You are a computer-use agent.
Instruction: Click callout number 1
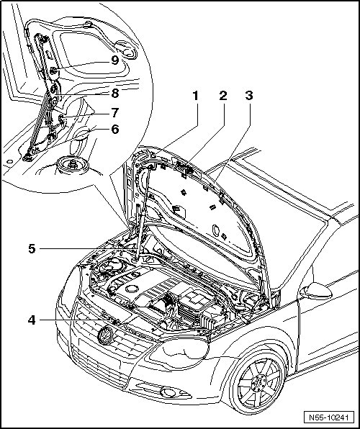tap(195, 96)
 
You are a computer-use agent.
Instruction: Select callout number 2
tap(223, 96)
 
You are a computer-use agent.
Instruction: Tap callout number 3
tap(249, 96)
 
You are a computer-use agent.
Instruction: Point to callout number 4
tap(32, 320)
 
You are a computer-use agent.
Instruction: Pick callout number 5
tap(32, 249)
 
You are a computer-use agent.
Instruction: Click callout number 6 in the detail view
tap(115, 129)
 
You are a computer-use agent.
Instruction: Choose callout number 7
tap(115, 112)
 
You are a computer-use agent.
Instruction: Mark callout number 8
tap(115, 94)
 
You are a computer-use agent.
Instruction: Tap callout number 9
tap(115, 60)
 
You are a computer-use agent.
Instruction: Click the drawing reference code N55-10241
tap(329, 417)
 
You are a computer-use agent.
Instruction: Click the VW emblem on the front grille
tap(106, 335)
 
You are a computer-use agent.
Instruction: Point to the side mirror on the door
tap(316, 291)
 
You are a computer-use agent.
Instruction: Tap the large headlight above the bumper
tap(179, 351)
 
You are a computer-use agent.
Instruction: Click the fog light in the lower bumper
tap(168, 392)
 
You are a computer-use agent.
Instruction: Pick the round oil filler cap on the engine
tap(132, 289)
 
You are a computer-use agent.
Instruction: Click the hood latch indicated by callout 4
tap(115, 322)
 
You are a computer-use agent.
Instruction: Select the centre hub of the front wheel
tap(258, 381)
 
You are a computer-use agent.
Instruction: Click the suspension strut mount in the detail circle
tap(72, 165)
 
